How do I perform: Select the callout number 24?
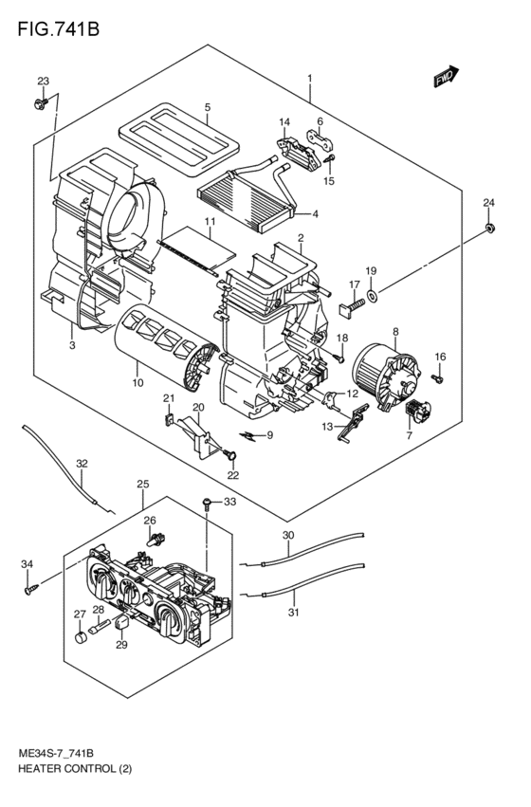(x=488, y=203)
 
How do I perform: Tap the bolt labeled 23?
(x=40, y=102)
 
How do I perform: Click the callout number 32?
(x=82, y=464)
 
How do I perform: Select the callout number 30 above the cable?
(x=288, y=535)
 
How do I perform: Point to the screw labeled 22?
(x=229, y=455)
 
